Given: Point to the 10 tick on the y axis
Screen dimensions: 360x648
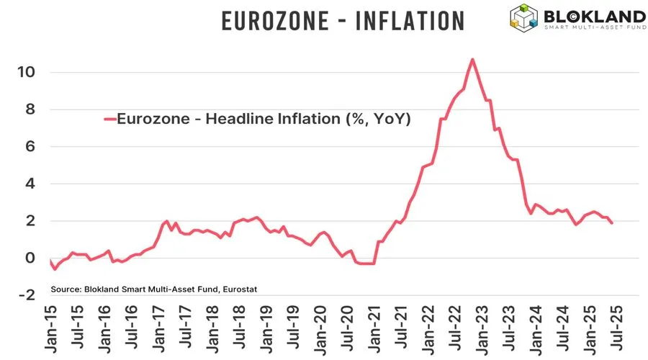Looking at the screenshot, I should coord(27,73).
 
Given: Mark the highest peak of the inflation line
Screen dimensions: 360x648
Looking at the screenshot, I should coord(472,60).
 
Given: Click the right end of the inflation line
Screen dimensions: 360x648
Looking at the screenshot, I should coord(612,223).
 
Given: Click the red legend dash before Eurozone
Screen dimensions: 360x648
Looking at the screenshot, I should coord(109,120).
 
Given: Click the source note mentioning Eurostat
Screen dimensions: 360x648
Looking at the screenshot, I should coord(154,289).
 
